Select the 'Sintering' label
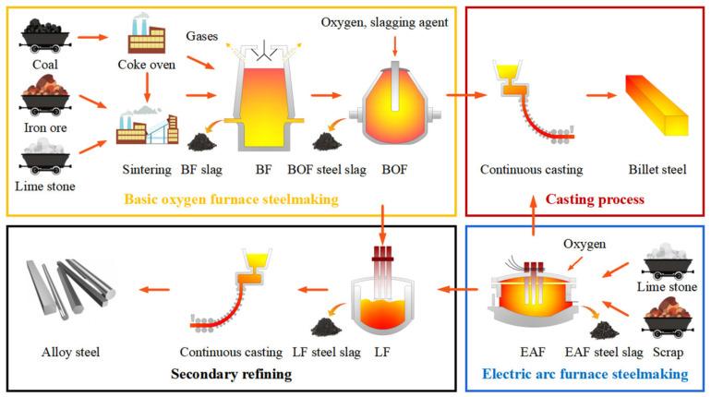pos(147,170)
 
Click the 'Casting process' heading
pos(594,198)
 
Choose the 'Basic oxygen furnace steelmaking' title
pos(231,199)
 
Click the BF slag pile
pos(200,140)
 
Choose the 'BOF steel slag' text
pos(314,170)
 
